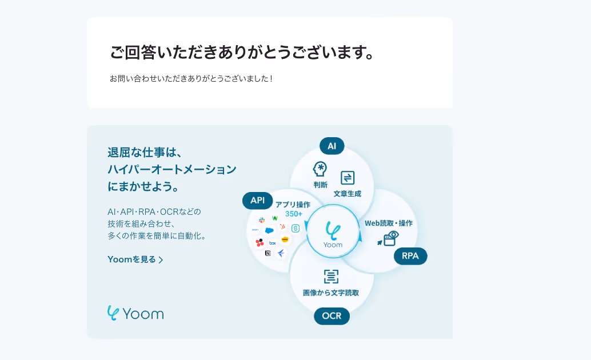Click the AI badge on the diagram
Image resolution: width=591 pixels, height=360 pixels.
(x=332, y=146)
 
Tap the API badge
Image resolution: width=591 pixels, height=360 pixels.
(x=257, y=201)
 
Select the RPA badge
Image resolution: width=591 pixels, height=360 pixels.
(x=410, y=256)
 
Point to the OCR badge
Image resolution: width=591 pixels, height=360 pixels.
(x=332, y=316)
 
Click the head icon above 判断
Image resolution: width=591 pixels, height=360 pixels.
(x=320, y=169)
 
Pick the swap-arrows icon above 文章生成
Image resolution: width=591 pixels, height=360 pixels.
(x=348, y=177)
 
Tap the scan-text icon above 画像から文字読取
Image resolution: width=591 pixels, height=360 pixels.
(x=331, y=277)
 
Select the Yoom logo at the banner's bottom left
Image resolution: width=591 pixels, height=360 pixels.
(x=135, y=313)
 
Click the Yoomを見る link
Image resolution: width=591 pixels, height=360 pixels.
(x=135, y=259)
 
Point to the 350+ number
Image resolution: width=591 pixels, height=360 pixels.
(x=293, y=214)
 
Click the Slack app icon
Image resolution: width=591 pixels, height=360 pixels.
(x=262, y=220)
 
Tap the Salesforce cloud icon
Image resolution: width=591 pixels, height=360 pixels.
(x=269, y=230)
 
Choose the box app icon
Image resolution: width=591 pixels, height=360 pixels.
(x=273, y=243)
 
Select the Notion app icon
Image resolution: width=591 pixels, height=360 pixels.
(x=267, y=253)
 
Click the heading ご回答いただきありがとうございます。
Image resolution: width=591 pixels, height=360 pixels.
(x=242, y=53)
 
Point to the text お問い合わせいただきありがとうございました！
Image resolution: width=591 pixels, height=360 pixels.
(x=191, y=78)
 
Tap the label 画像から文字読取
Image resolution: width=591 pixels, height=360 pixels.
(x=331, y=293)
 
